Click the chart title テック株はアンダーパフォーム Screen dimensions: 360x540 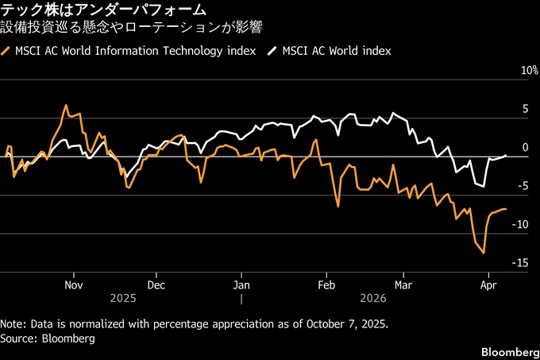coord(104,10)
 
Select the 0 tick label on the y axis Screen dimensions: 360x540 coord(524,147)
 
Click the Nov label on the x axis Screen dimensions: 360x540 coord(74,285)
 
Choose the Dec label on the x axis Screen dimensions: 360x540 coord(156,285)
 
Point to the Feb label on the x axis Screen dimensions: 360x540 coord(326,285)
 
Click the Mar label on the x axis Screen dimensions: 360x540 coord(403,285)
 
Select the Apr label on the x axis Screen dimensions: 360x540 coord(488,285)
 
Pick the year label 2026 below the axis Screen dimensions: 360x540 coord(372,299)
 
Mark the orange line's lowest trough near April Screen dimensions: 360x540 coord(484,254)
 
